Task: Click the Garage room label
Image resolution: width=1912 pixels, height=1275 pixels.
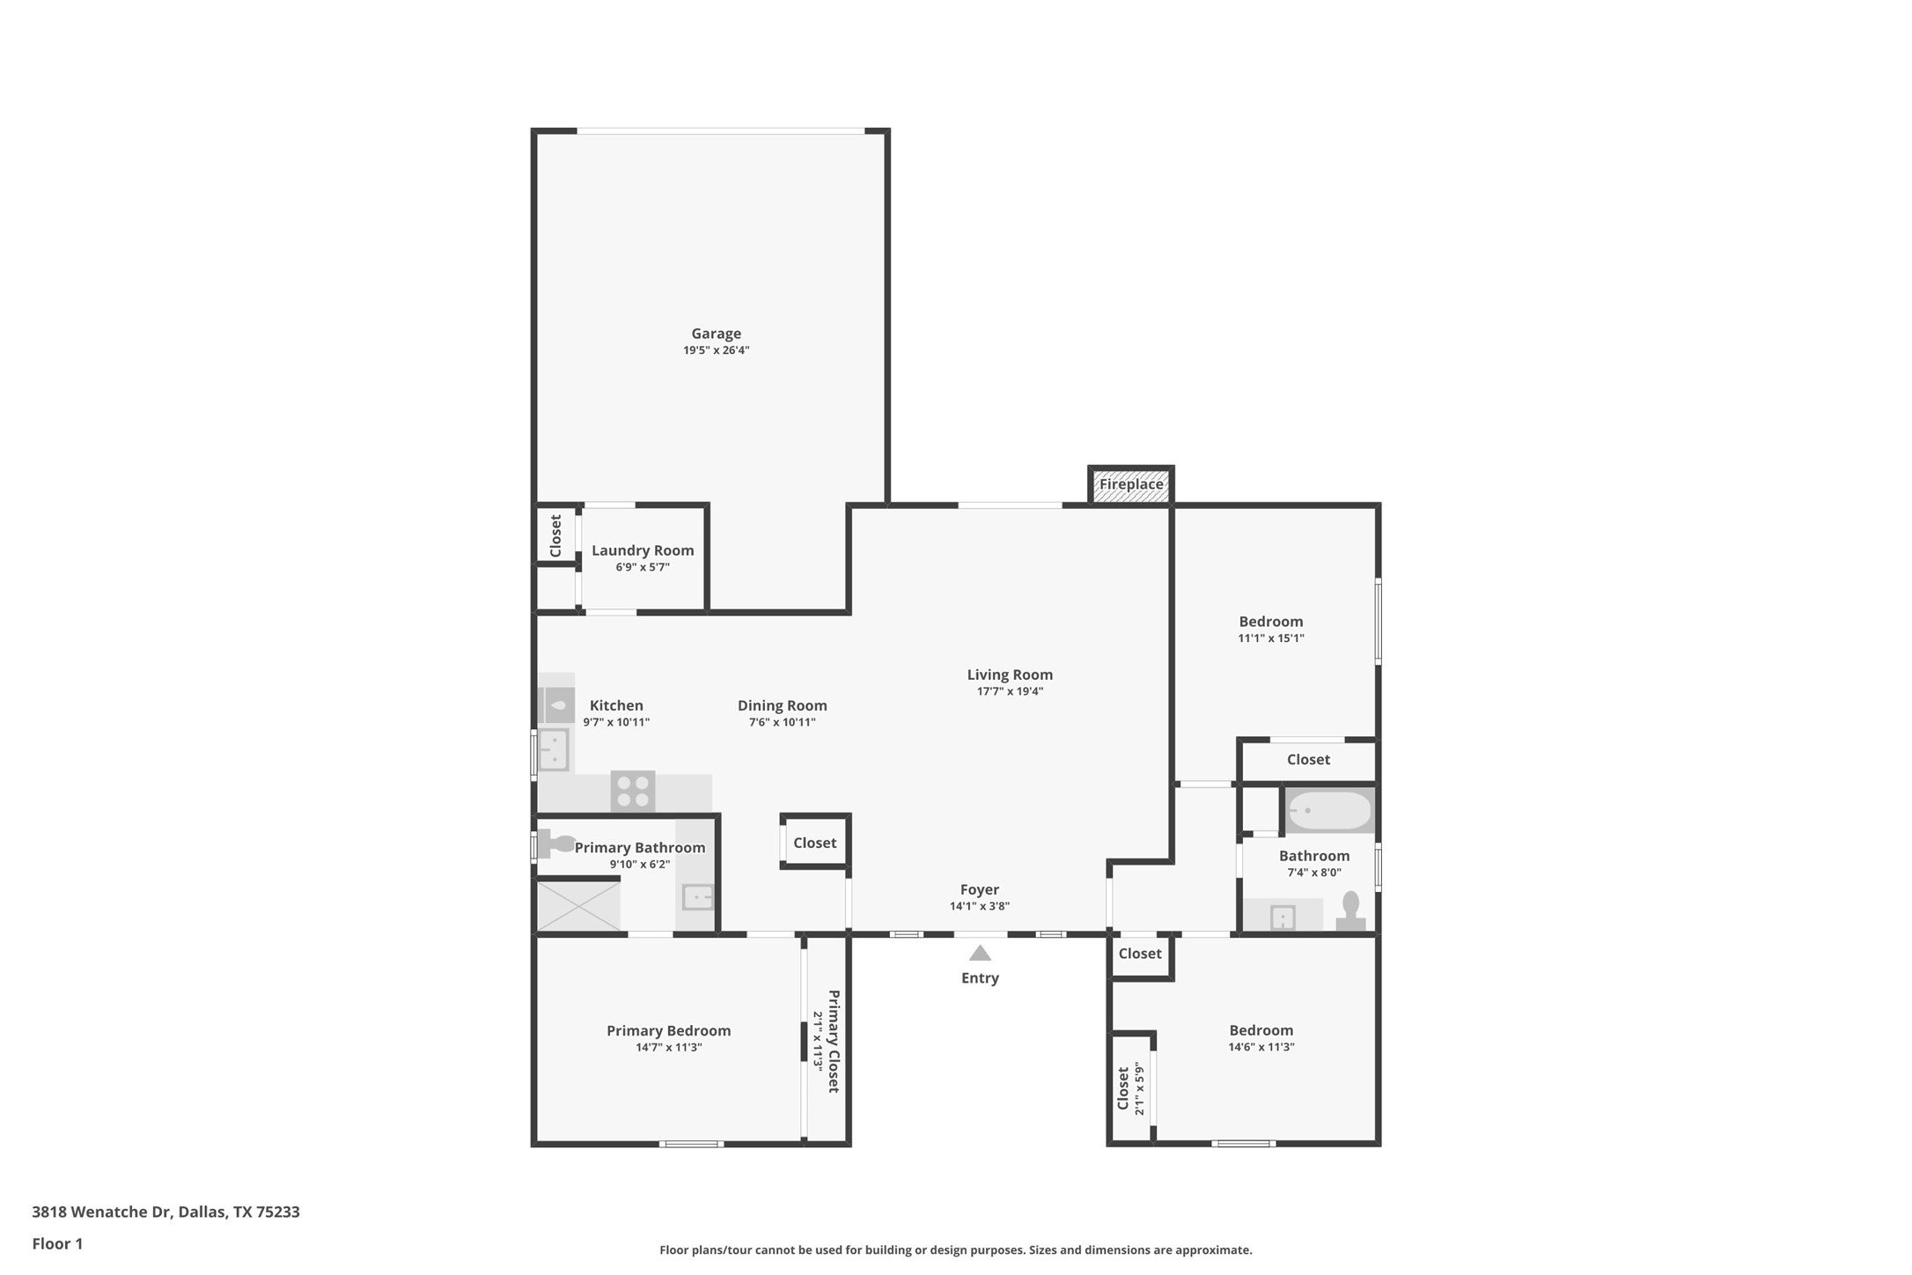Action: (x=716, y=334)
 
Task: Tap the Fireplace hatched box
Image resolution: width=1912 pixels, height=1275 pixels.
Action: (x=1130, y=485)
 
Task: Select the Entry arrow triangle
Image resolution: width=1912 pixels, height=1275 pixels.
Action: (x=980, y=954)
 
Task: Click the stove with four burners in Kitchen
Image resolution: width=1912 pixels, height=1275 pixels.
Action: (x=633, y=791)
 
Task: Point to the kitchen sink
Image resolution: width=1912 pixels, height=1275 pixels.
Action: (x=554, y=750)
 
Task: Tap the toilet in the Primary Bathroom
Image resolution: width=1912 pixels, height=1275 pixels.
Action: (x=556, y=844)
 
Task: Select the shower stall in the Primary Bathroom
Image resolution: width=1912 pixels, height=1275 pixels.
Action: (x=578, y=906)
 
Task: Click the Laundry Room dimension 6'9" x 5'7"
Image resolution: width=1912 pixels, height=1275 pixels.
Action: (x=643, y=567)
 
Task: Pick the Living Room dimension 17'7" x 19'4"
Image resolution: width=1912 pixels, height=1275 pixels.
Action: (x=1010, y=691)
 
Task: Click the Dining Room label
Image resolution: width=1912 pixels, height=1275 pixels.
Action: (x=782, y=705)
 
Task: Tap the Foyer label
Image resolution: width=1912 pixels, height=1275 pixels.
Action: (x=979, y=889)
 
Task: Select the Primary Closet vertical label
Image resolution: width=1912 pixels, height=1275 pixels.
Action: (x=834, y=1041)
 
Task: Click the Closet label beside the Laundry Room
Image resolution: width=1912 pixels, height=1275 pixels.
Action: (x=555, y=535)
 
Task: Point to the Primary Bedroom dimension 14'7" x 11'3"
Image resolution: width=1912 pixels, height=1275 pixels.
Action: (x=668, y=1047)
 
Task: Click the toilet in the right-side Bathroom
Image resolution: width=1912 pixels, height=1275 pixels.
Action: (x=1350, y=911)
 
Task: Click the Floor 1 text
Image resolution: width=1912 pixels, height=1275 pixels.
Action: (x=57, y=1243)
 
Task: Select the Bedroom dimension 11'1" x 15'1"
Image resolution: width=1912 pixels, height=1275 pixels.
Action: (x=1270, y=638)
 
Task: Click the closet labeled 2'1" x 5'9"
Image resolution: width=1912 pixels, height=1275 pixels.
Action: (x=1129, y=1089)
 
